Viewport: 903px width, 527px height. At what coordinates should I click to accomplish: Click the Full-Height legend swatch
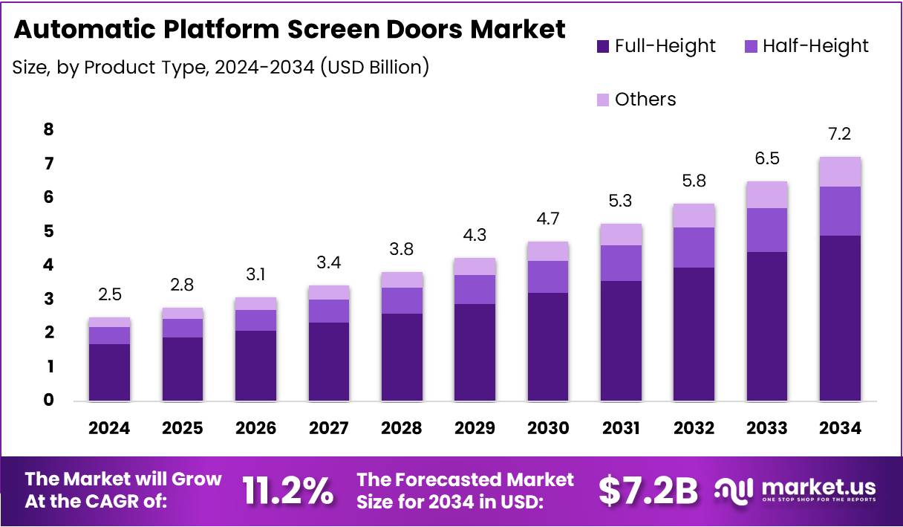602,46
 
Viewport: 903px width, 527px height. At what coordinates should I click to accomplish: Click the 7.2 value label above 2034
840,135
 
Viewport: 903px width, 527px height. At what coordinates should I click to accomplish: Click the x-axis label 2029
475,428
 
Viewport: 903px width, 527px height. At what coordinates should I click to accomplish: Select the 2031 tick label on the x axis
621,428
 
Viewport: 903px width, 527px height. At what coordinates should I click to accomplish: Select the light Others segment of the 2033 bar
767,195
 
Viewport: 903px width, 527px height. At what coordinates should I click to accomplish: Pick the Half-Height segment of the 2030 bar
547,277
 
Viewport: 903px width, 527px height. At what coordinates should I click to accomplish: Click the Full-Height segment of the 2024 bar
109,372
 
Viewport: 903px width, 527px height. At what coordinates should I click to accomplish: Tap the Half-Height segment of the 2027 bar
328,311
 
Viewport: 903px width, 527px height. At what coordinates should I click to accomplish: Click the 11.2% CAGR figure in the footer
288,491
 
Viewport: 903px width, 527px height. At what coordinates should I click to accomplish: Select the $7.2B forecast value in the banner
648,491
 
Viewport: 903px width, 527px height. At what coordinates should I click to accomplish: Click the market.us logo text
817,488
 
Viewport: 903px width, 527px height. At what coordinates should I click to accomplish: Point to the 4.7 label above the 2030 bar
547,219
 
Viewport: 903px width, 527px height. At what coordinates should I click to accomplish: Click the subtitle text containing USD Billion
220,67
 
